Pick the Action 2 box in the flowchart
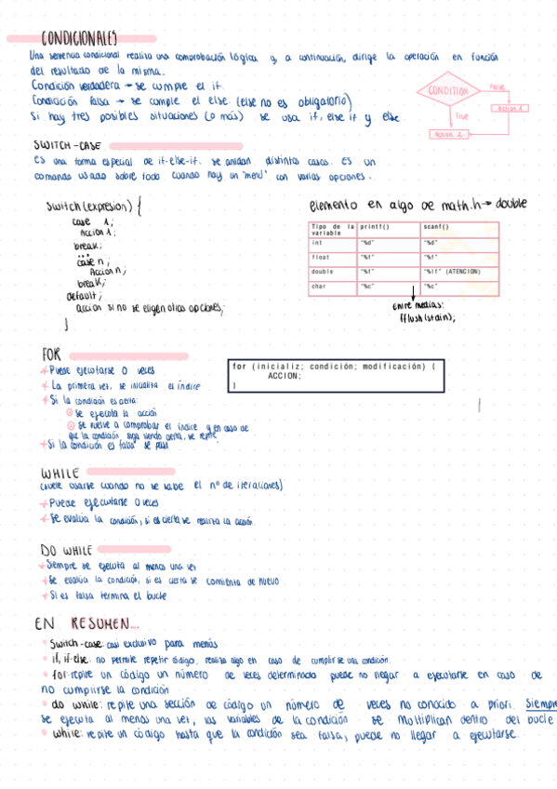click(447, 135)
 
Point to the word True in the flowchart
click(462, 116)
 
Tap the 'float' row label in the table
click(321, 256)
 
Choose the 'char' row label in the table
click(319, 286)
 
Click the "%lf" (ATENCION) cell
click(453, 271)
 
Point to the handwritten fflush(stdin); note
click(427, 316)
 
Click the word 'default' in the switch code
click(84, 295)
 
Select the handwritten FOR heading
click(52, 355)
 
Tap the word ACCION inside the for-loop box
click(284, 376)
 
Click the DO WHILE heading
click(68, 550)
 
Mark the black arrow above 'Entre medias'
click(413, 292)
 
